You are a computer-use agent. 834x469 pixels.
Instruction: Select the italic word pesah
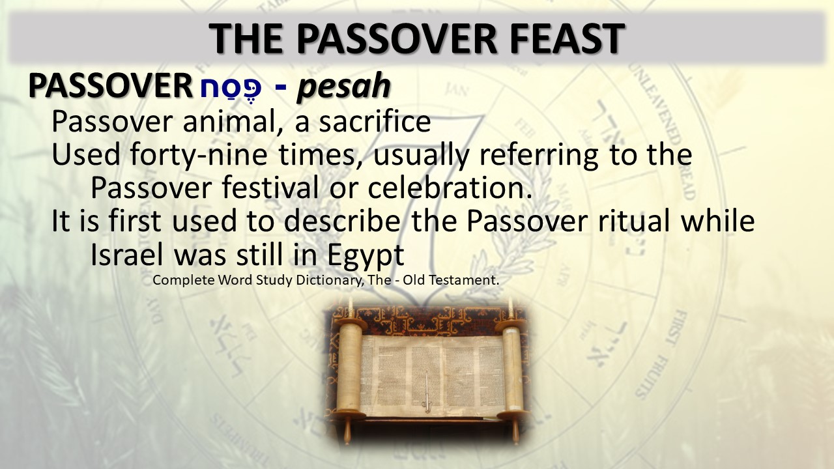[x=343, y=87]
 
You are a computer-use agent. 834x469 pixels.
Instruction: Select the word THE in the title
[x=246, y=39]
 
